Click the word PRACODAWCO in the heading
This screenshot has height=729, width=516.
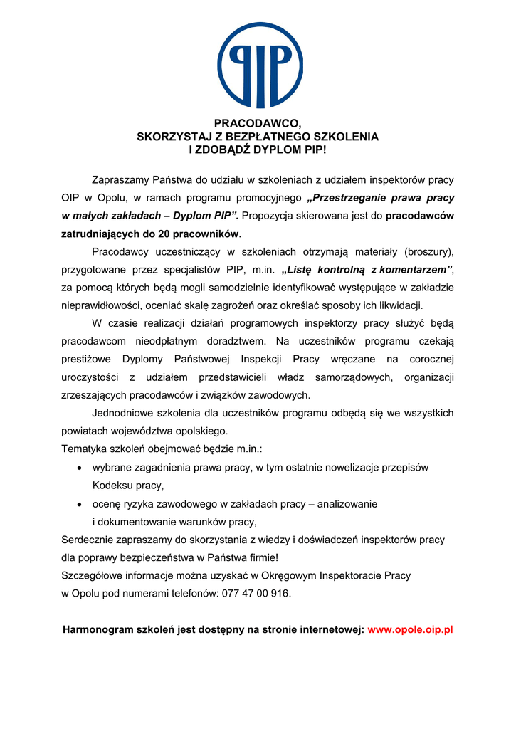[x=254, y=124]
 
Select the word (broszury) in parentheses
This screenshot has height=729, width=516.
[x=428, y=252]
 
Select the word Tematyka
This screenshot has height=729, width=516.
[x=83, y=449]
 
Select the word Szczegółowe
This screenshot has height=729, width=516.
[x=93, y=575]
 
